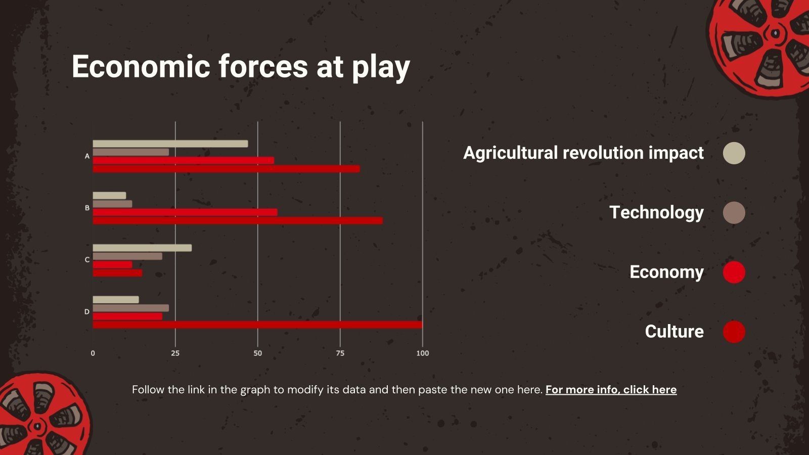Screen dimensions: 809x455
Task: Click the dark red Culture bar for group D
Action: [x=257, y=325]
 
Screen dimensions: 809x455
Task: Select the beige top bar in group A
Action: [x=170, y=144]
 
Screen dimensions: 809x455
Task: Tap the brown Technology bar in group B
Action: [x=112, y=204]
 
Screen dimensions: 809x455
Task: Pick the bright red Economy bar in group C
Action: [x=112, y=265]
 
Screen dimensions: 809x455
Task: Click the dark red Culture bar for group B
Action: [x=238, y=220]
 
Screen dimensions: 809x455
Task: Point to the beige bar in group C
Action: [x=142, y=248]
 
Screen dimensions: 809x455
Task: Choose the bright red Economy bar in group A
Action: [x=184, y=161]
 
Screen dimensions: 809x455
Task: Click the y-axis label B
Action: [x=87, y=208]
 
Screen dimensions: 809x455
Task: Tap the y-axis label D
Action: [x=87, y=311]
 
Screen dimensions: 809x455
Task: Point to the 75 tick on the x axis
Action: [x=340, y=353]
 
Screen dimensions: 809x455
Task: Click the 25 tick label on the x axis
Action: [x=175, y=353]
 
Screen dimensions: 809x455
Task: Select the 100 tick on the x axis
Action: [x=423, y=353]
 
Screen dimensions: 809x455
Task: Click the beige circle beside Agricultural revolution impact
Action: [x=734, y=153]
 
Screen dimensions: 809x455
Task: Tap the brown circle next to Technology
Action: [x=734, y=213]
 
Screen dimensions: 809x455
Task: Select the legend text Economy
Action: [x=667, y=272]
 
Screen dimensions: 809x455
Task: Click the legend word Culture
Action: [x=675, y=332]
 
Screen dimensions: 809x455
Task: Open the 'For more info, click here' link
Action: [x=611, y=390]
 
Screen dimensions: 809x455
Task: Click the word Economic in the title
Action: [x=141, y=66]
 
